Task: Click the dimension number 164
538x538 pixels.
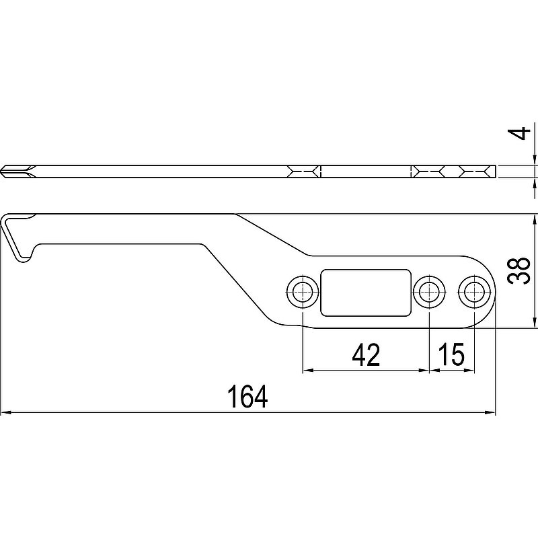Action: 247,396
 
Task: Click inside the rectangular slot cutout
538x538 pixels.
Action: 366,293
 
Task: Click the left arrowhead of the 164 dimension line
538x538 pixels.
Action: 6,412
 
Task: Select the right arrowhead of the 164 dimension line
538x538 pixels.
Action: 490,412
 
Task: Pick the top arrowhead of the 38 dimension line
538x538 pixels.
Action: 534,219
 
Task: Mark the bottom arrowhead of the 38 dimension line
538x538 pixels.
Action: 534,323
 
